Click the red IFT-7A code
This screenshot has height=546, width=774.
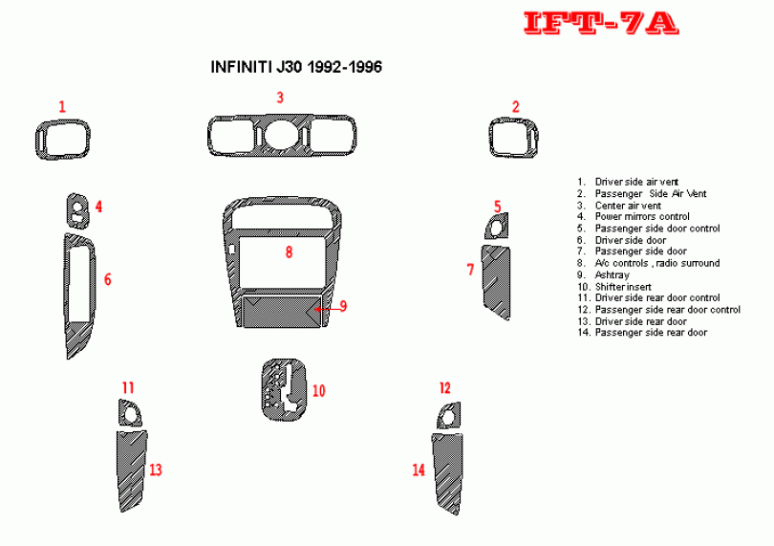tap(601, 23)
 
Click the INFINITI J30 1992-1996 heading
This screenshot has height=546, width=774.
tap(296, 67)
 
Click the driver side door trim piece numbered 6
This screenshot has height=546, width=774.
tap(67, 296)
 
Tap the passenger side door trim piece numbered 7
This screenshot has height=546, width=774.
tap(497, 283)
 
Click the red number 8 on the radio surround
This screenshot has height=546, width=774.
tap(289, 252)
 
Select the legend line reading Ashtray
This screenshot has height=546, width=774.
tap(604, 274)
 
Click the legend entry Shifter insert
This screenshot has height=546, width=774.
tap(614, 287)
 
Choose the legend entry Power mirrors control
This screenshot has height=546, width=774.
tap(634, 216)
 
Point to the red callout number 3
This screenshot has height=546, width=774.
tap(280, 98)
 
